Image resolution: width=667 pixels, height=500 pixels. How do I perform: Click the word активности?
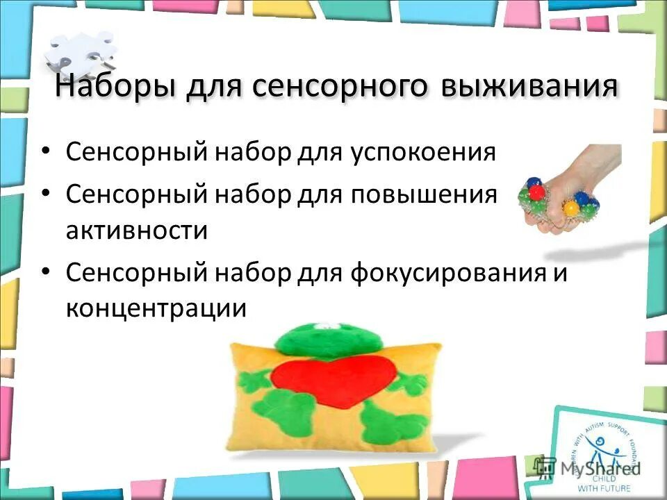pyautogui.click(x=136, y=230)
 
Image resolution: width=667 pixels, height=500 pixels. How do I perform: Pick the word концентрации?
pyautogui.click(x=156, y=308)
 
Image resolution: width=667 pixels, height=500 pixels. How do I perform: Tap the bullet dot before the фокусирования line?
pyautogui.click(x=46, y=272)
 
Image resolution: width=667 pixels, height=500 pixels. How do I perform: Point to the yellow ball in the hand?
pyautogui.click(x=570, y=208)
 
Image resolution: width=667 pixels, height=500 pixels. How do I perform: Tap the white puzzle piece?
pyautogui.click(x=80, y=52)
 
